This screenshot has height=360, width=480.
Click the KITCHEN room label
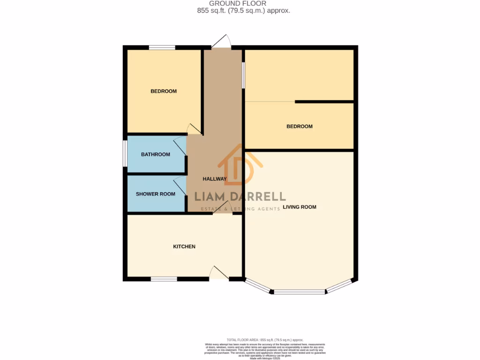pos(184,247)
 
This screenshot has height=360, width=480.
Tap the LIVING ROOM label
pos(299,207)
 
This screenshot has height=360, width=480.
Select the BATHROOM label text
pos(156,154)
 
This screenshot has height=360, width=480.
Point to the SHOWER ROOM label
pos(156,194)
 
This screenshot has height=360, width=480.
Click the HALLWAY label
pos(215,179)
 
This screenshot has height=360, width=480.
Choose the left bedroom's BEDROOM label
pos(164,91)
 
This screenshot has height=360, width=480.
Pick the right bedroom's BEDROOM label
pos(299,126)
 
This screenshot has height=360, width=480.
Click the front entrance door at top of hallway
pos(221,42)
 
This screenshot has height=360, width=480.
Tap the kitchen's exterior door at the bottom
pos(218,273)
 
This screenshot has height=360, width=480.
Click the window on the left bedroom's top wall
pos(162,47)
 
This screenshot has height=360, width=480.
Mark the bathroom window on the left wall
pos(125,153)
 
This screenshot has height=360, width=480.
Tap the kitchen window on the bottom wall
pos(164,279)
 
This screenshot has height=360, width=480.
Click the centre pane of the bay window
pos(299,292)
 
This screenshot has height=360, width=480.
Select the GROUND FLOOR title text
pos(240,4)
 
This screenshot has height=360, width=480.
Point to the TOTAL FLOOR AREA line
pos(265,339)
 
